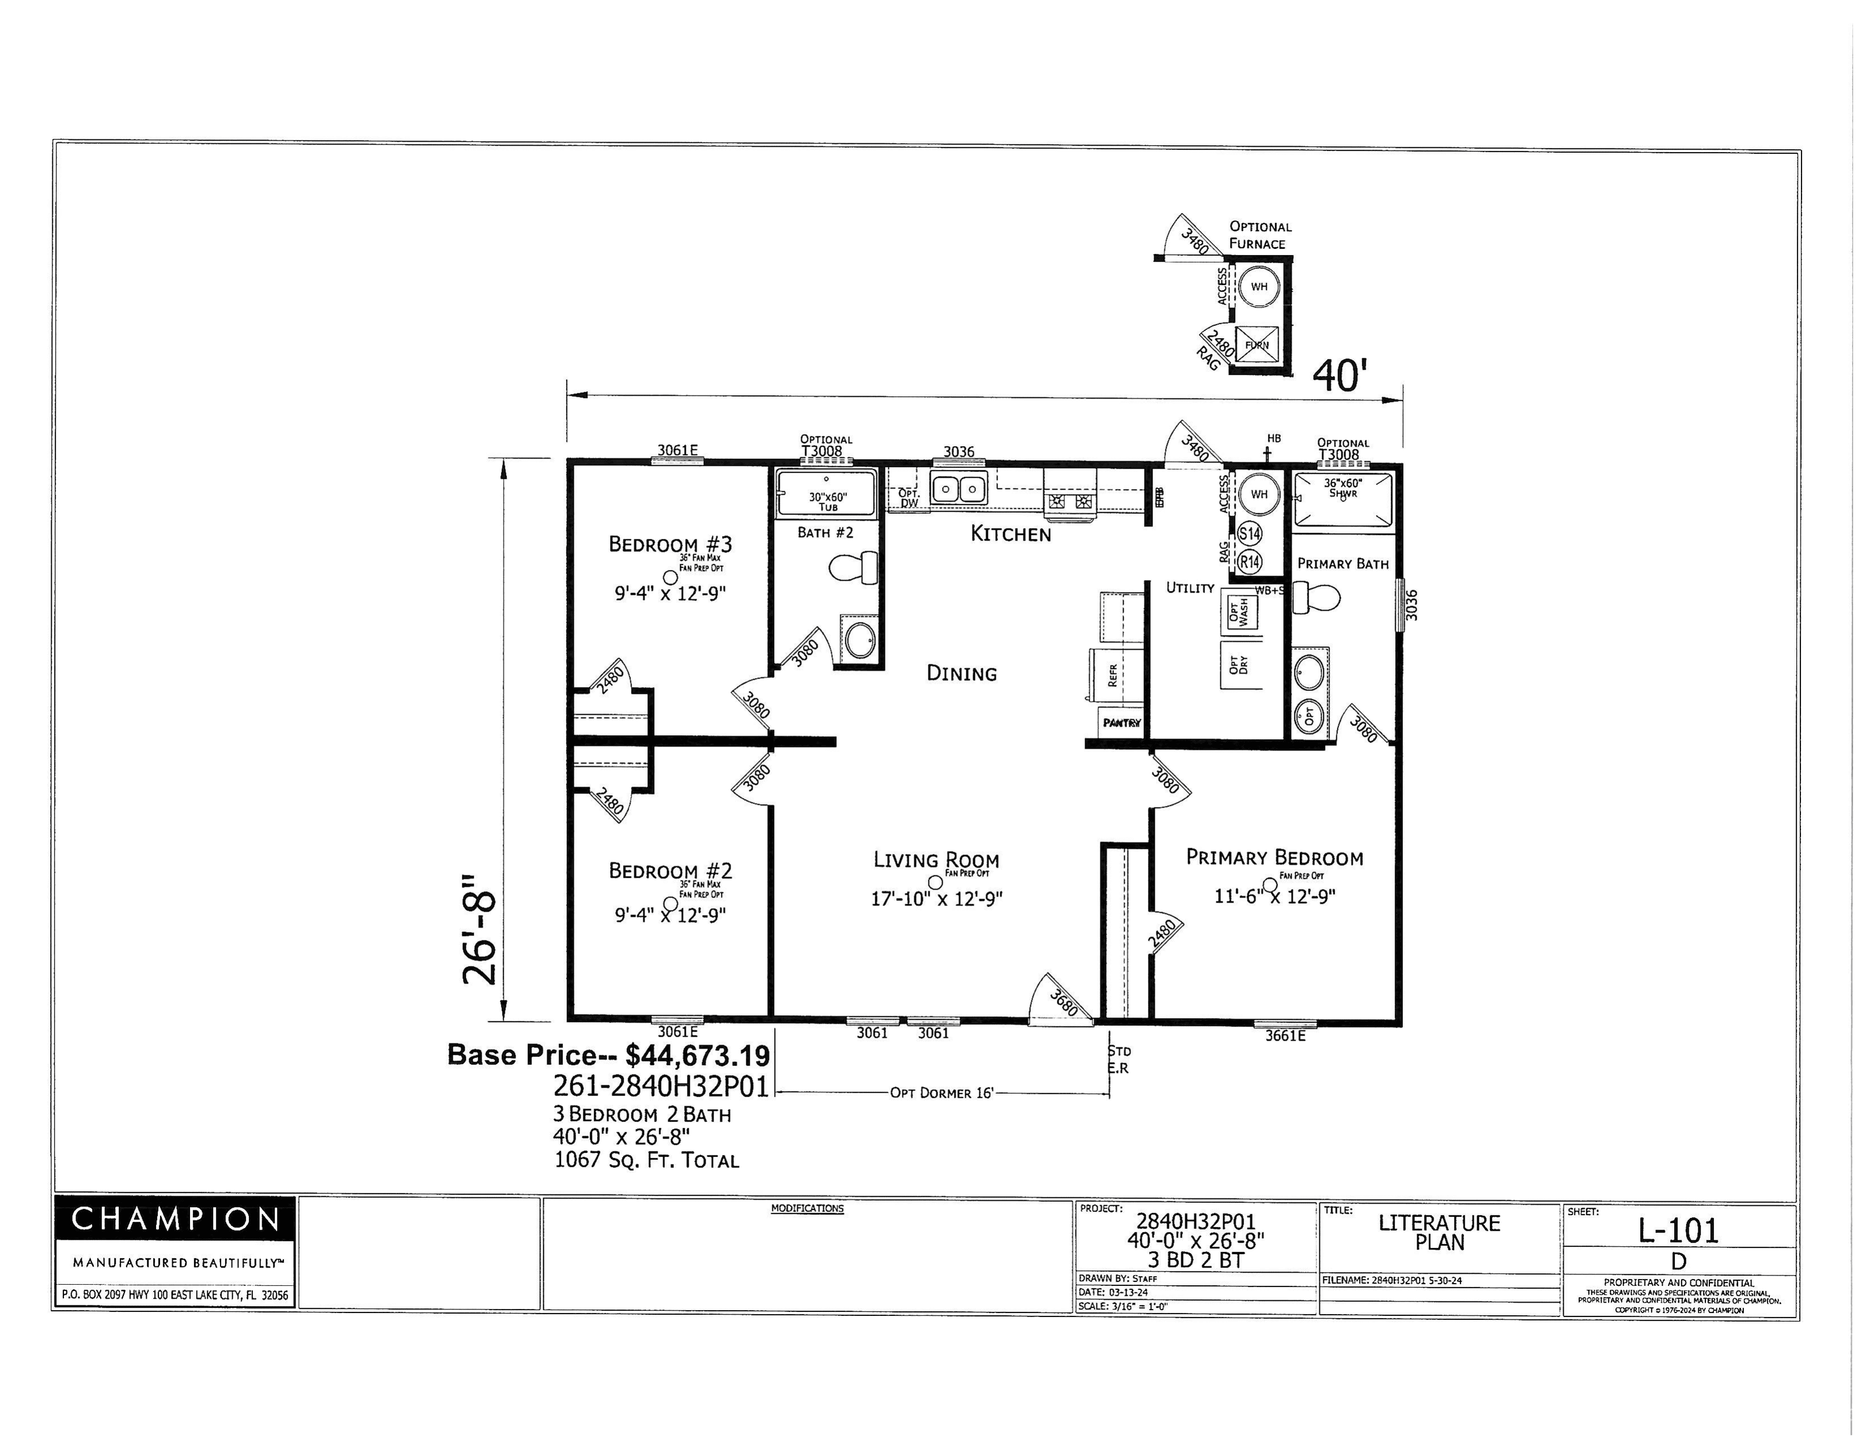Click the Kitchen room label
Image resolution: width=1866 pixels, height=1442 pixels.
coord(1010,534)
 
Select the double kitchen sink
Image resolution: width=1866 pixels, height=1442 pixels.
coord(959,489)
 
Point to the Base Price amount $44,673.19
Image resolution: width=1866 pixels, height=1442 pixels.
coord(696,1056)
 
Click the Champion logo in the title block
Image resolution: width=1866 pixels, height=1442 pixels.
coord(175,1219)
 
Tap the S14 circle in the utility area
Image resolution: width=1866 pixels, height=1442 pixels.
coord(1249,534)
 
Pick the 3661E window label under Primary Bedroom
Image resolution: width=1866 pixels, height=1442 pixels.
coord(1285,1036)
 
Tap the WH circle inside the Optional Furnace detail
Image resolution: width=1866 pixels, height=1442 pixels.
coord(1258,287)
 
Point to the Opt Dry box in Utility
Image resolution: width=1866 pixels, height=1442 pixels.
coord(1241,665)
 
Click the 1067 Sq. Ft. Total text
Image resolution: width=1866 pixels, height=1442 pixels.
coord(646,1160)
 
